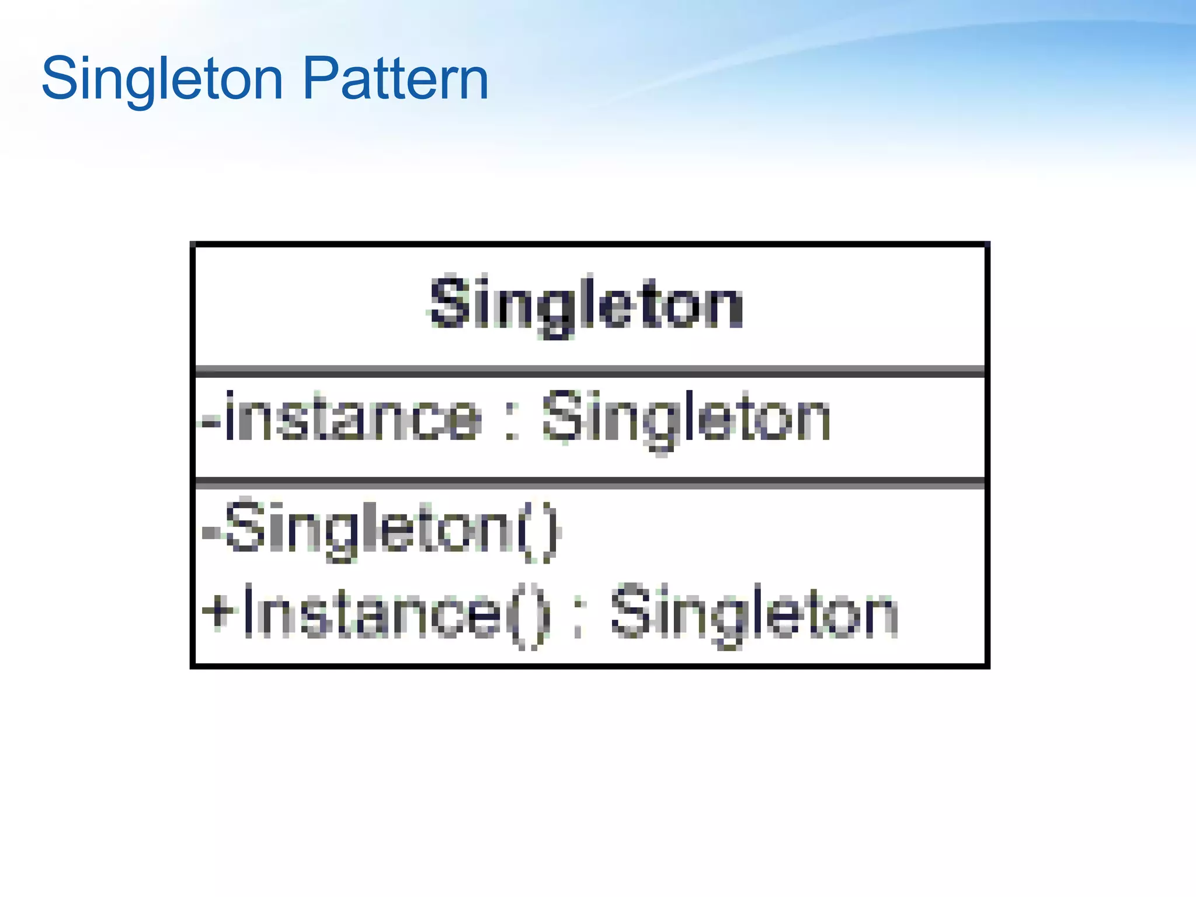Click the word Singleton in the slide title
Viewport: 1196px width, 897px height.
coord(162,79)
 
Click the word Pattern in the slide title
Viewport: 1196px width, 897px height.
coord(396,79)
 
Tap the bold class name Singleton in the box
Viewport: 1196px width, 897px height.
coord(586,303)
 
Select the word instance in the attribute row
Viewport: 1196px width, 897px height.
coord(352,416)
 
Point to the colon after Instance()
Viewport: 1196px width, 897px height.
coord(579,619)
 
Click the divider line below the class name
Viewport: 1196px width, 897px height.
coord(590,371)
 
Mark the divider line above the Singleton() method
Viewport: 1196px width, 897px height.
coord(590,483)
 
